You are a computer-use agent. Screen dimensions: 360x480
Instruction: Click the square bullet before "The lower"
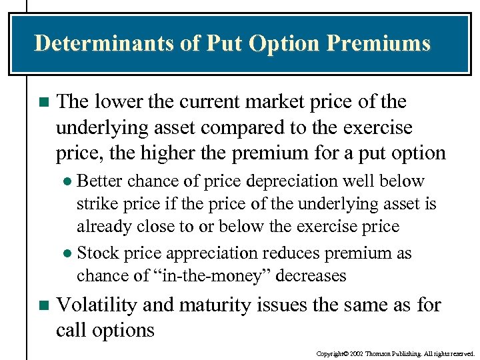43,103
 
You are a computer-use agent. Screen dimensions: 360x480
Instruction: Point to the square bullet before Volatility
43,306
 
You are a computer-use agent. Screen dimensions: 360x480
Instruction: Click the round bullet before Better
67,182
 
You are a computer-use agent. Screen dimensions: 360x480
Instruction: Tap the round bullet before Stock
67,254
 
